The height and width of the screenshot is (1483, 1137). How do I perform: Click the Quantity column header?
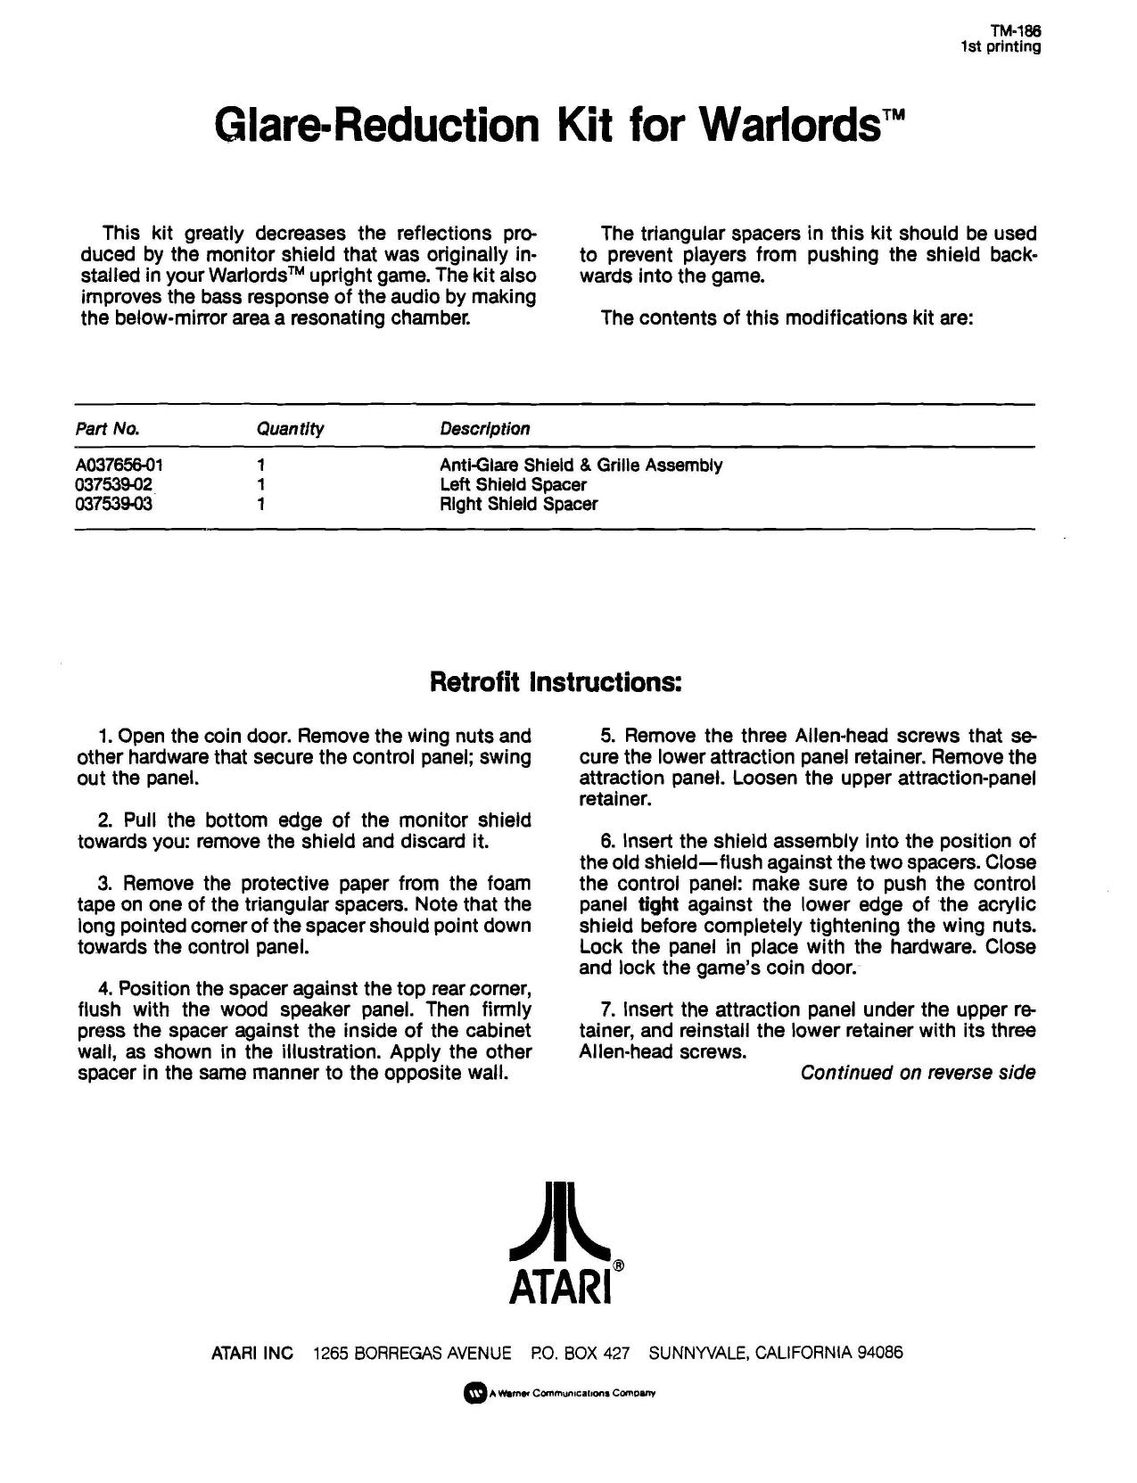290,429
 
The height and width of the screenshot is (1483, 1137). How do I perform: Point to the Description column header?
484,429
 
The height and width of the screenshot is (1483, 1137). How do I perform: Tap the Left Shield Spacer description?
513,484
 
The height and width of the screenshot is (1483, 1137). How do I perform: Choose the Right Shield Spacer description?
518,504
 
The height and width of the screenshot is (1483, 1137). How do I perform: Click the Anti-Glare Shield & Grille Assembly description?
581,465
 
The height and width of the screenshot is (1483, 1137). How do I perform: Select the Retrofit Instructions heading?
556,682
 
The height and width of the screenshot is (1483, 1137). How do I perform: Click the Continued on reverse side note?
918,1073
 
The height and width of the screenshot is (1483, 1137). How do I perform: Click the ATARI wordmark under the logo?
559,1286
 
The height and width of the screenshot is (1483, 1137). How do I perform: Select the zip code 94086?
879,1353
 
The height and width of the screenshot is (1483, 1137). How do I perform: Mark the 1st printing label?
1001,46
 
